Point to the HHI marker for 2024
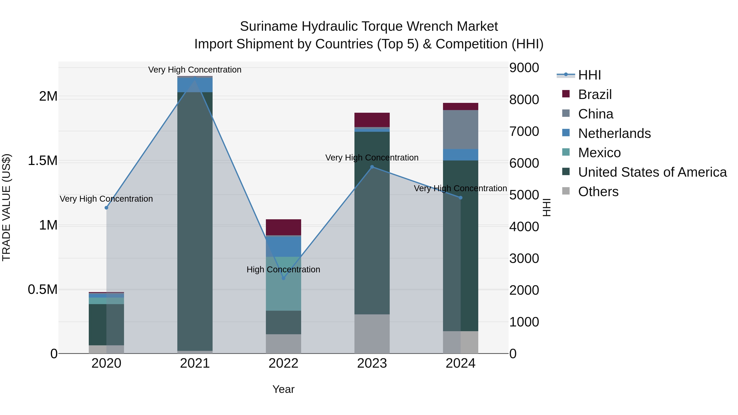(460, 198)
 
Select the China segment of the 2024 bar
(460, 130)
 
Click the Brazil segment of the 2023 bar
(372, 120)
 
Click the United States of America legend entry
(652, 172)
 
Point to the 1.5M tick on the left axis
(43, 161)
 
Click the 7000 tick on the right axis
(524, 131)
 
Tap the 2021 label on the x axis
(195, 363)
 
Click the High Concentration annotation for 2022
(283, 269)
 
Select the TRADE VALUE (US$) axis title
(6, 207)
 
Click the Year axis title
(283, 389)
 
